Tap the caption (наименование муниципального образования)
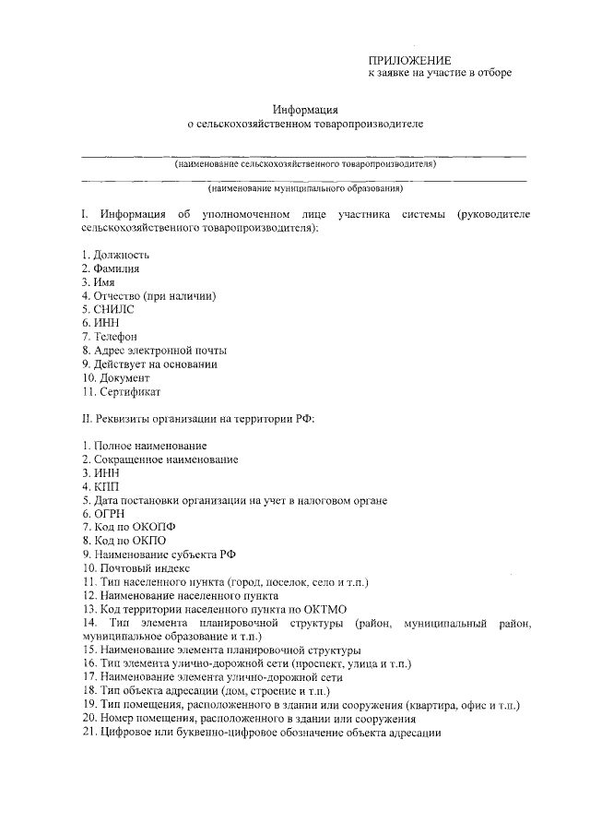tap(305, 189)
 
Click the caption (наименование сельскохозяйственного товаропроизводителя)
tap(305, 163)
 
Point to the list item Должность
tap(121, 254)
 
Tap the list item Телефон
tap(117, 337)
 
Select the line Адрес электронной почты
tap(159, 351)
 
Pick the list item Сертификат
tap(127, 391)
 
